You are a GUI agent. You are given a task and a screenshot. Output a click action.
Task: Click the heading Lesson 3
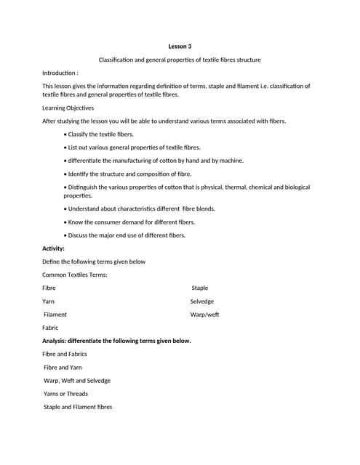(x=180, y=46)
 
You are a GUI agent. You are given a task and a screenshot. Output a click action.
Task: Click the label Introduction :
(x=60, y=73)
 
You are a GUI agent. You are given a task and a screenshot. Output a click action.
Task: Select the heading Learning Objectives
(x=68, y=108)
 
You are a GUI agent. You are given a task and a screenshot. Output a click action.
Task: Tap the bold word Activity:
(x=53, y=248)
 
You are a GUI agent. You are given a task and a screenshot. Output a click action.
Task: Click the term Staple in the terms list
(x=199, y=288)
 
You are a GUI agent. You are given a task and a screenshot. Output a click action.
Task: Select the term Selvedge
(x=201, y=302)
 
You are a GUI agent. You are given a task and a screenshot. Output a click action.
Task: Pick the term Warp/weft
(x=204, y=315)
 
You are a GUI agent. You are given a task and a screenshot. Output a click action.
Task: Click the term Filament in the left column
(x=55, y=315)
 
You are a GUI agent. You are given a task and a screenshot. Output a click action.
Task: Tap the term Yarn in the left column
(x=48, y=302)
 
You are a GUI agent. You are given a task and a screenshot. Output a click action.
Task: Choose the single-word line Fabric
(x=50, y=328)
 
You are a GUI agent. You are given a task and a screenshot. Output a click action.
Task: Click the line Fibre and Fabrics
(x=65, y=354)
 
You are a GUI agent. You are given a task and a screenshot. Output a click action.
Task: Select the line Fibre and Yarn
(x=63, y=368)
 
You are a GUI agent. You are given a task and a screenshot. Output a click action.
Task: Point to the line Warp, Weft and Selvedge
(x=77, y=381)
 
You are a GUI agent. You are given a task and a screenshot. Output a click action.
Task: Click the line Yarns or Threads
(x=65, y=394)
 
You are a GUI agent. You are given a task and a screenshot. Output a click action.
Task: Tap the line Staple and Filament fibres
(x=78, y=407)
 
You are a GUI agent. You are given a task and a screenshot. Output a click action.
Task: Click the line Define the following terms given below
(x=94, y=262)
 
